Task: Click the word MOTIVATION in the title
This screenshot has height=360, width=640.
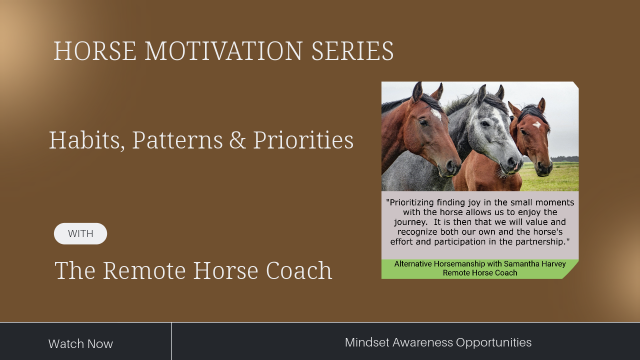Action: (x=223, y=51)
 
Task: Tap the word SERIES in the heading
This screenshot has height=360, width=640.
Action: (x=352, y=51)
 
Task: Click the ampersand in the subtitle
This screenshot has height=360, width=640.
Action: (x=237, y=140)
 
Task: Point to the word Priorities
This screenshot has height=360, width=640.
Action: (x=303, y=140)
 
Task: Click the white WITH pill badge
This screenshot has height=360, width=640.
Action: (x=80, y=233)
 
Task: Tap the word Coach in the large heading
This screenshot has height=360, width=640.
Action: (x=299, y=270)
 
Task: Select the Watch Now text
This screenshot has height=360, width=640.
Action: (x=80, y=343)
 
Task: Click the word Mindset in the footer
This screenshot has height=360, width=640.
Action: (x=367, y=342)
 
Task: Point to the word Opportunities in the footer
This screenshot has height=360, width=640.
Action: (x=493, y=343)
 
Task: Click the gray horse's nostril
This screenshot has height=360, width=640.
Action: (x=511, y=163)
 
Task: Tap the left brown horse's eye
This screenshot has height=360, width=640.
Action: (x=423, y=123)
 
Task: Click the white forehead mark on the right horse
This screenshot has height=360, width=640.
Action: (x=537, y=124)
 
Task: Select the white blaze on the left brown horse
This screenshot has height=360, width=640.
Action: (x=436, y=114)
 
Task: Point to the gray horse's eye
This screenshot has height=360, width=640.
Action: (x=485, y=123)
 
